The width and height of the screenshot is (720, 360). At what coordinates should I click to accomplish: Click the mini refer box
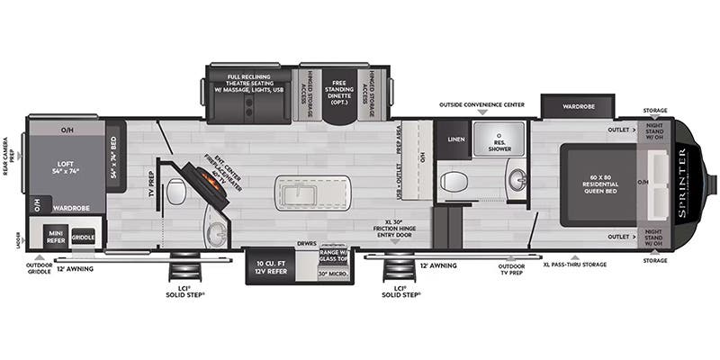pyautogui.click(x=55, y=238)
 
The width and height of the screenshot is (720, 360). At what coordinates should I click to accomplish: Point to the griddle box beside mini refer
pyautogui.click(x=83, y=238)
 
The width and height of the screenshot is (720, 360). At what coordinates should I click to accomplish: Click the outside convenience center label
pyautogui.click(x=481, y=104)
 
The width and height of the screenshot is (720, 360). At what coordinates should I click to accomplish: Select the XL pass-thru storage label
pyautogui.click(x=574, y=265)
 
